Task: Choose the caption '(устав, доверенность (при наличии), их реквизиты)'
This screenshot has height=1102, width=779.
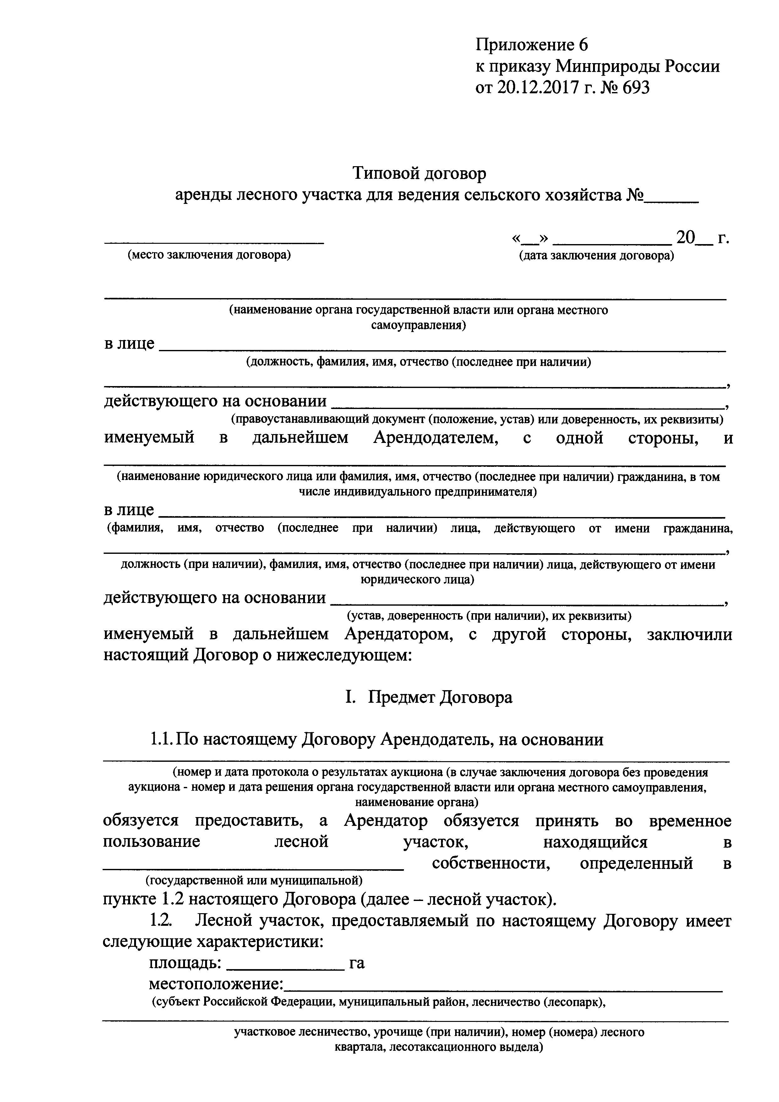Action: pos(489,615)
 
